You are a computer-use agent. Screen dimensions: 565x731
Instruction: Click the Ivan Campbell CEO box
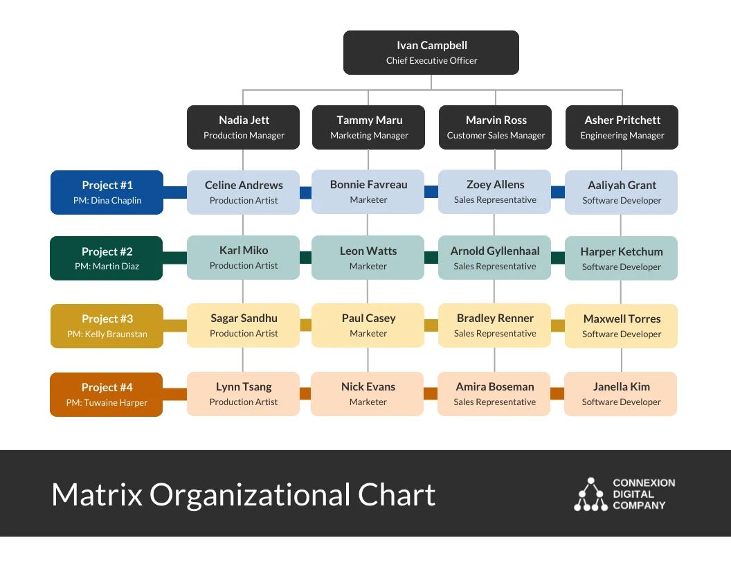pos(431,53)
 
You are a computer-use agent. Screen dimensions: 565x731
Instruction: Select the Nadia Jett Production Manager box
pos(244,127)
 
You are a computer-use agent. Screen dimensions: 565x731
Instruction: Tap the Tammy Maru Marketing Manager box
pos(369,127)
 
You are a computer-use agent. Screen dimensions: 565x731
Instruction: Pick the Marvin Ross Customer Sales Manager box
pos(496,127)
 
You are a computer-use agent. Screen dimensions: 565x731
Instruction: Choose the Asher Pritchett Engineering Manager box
pos(622,127)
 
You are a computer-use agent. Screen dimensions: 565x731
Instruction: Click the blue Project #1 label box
pos(107,192)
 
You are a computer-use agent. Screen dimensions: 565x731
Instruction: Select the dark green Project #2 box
pos(107,258)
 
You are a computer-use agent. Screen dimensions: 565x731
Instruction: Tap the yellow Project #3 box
pos(107,326)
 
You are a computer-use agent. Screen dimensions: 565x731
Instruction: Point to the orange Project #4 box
pos(107,395)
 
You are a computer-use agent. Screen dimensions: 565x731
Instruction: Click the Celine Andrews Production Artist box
pos(244,192)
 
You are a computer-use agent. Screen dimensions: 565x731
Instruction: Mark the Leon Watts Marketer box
pos(368,258)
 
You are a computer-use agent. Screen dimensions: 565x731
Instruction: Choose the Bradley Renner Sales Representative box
pos(495,325)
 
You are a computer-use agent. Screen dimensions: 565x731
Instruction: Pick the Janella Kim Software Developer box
pos(621,394)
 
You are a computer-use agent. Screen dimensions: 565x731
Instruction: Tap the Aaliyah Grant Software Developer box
pos(622,192)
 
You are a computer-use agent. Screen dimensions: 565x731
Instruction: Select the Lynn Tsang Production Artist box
pos(244,394)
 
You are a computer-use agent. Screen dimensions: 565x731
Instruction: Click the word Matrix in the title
pos(97,495)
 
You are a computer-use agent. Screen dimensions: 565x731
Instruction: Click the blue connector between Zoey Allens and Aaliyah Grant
pos(558,192)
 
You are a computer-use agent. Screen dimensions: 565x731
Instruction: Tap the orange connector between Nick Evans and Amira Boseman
pos(431,393)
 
